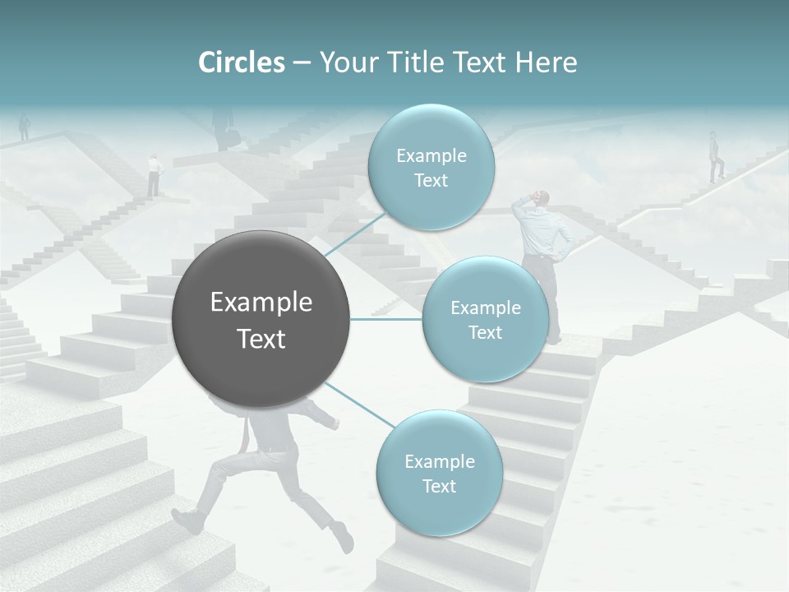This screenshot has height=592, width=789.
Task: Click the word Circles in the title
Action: (x=242, y=62)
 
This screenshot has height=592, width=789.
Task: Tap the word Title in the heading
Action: (x=416, y=62)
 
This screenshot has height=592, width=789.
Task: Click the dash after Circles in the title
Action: (x=302, y=63)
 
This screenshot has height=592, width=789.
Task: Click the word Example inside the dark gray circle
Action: (x=261, y=303)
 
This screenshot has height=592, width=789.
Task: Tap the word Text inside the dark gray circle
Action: (x=261, y=339)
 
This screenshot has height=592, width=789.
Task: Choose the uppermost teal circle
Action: (x=431, y=168)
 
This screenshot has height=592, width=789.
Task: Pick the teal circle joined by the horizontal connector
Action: (x=485, y=319)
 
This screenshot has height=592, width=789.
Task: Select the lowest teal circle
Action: (x=439, y=473)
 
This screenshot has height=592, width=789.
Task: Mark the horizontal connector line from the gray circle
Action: (x=386, y=319)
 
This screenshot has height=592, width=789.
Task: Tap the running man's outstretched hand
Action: (x=334, y=424)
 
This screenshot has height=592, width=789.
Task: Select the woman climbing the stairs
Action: (x=717, y=156)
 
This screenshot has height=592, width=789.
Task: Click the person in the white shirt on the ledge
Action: (x=153, y=174)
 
